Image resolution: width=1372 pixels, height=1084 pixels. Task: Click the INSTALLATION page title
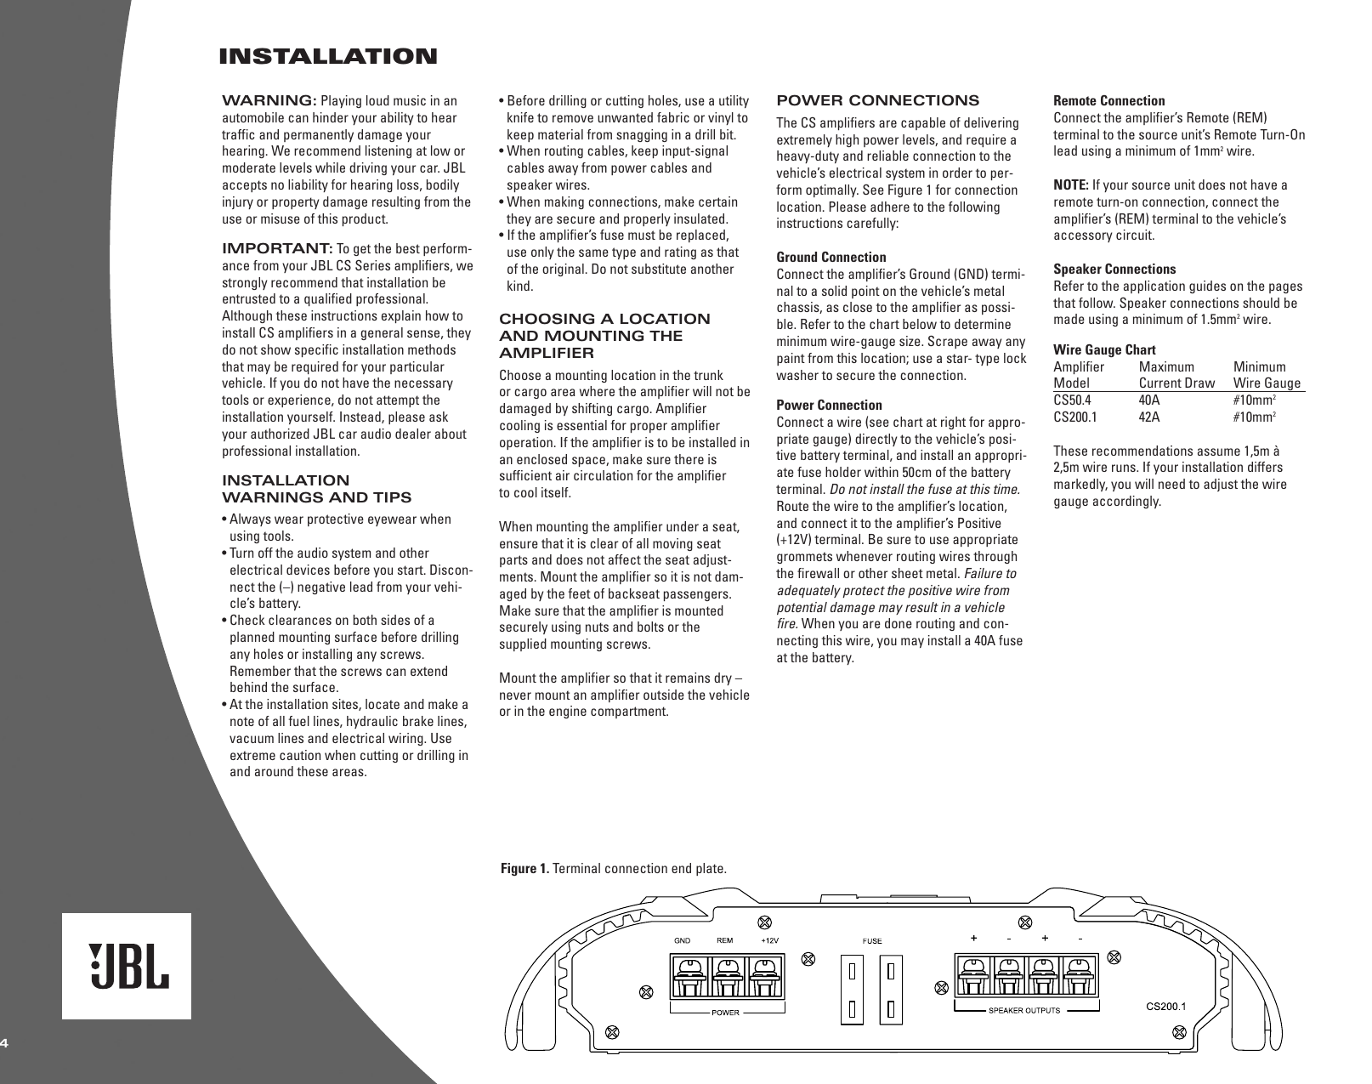pyautogui.click(x=328, y=57)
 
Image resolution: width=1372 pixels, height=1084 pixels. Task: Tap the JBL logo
pyautogui.click(x=127, y=967)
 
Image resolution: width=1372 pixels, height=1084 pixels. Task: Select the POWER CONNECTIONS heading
pyautogui.click(x=878, y=100)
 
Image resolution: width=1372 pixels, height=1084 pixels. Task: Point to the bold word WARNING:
pyautogui.click(x=269, y=101)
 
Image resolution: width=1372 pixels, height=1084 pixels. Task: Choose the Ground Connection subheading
pyautogui.click(x=831, y=257)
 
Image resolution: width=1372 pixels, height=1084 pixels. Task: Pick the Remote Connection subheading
pyautogui.click(x=1109, y=100)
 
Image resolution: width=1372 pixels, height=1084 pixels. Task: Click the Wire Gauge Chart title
pyautogui.click(x=1104, y=349)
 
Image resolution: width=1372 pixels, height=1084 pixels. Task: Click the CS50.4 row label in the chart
pyautogui.click(x=1073, y=400)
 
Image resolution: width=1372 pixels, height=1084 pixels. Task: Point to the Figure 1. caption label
pyautogui.click(x=524, y=868)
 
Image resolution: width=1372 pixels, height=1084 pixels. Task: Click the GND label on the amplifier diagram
pyautogui.click(x=683, y=940)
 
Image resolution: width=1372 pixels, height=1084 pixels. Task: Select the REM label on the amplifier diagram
pyautogui.click(x=725, y=940)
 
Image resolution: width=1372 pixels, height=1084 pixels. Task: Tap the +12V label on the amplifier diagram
pyautogui.click(x=768, y=940)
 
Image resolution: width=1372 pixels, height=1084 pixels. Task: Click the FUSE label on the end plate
pyautogui.click(x=873, y=941)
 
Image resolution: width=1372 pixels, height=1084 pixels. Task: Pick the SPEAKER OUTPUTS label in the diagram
pyautogui.click(x=1023, y=1011)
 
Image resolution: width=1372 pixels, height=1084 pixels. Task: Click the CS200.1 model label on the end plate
pyautogui.click(x=1166, y=1006)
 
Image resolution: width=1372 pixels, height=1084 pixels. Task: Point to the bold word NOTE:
pyautogui.click(x=1071, y=185)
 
